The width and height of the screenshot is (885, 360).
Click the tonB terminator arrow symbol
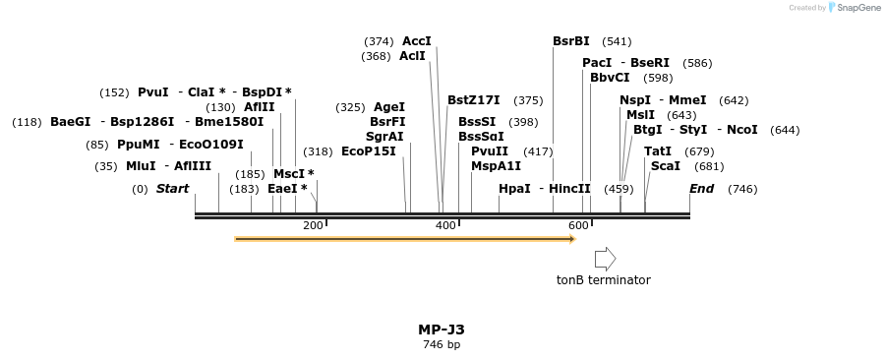(x=605, y=259)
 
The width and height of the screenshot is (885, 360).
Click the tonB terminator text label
(x=603, y=280)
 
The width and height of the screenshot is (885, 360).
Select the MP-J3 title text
(x=441, y=330)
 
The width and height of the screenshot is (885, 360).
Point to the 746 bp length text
(x=441, y=344)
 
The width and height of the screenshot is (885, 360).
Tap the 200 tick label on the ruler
(x=313, y=226)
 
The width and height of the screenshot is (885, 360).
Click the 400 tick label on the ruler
(x=445, y=226)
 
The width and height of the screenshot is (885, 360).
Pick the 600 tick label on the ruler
(x=578, y=226)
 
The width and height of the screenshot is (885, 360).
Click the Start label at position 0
(x=172, y=189)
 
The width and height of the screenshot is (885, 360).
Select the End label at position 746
(x=701, y=189)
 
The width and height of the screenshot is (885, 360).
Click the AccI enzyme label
(x=416, y=41)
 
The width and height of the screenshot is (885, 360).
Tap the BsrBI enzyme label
(x=570, y=41)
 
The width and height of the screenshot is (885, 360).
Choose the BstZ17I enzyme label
(x=473, y=100)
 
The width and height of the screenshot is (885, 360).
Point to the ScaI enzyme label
(x=664, y=166)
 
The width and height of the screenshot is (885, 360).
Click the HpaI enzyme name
(x=514, y=189)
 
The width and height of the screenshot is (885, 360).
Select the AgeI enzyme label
(x=389, y=107)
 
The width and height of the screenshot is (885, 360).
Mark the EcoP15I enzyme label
(x=368, y=151)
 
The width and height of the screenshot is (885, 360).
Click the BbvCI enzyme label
(x=610, y=78)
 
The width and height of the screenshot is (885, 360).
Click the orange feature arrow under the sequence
(x=404, y=238)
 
